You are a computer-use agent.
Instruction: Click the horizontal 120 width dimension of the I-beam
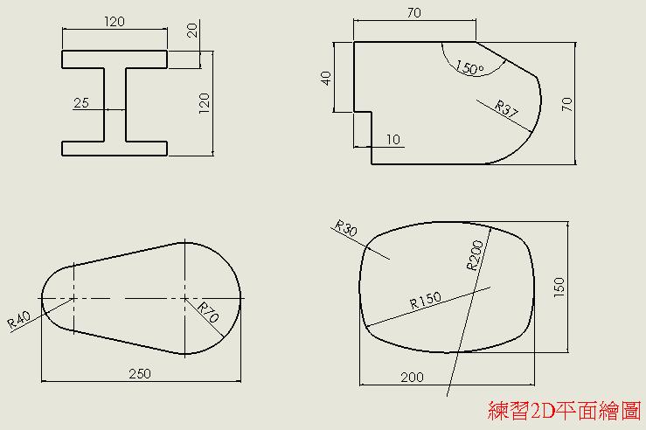click(x=115, y=22)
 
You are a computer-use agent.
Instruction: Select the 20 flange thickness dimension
click(x=192, y=31)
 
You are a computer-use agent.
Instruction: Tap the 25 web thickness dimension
click(x=81, y=102)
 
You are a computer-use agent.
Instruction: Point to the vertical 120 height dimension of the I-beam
click(x=205, y=103)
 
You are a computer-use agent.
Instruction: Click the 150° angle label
click(x=469, y=67)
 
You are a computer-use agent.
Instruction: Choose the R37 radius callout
click(x=506, y=108)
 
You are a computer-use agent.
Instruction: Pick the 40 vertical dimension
click(x=326, y=79)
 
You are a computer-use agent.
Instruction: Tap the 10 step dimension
click(x=393, y=140)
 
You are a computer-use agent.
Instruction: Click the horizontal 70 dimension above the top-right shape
click(x=414, y=13)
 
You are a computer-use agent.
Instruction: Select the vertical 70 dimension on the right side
click(x=567, y=104)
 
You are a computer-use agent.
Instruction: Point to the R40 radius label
click(x=19, y=319)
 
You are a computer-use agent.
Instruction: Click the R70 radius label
click(x=208, y=312)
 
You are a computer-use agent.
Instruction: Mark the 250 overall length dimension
click(x=140, y=373)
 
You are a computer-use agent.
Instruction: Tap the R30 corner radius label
click(x=345, y=228)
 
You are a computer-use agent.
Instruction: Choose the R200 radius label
click(x=475, y=255)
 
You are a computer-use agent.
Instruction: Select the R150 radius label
click(x=426, y=300)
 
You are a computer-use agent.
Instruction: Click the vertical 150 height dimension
click(x=559, y=288)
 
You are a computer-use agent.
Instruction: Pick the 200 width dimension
click(x=412, y=377)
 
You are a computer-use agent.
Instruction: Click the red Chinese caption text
click(x=564, y=411)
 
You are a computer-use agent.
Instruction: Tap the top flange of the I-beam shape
click(x=115, y=59)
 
